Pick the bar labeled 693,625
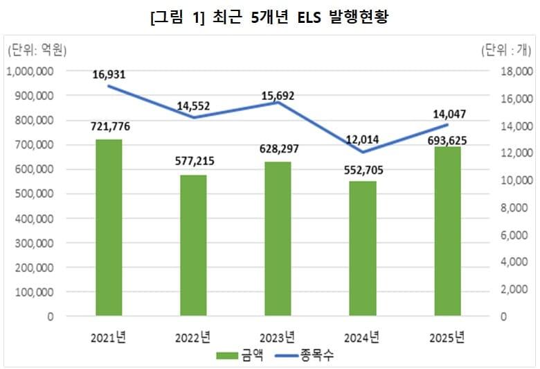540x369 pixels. (x=447, y=232)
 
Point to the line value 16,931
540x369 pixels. (x=109, y=74)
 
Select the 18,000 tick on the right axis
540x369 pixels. (x=514, y=71)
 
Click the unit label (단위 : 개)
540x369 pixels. (x=506, y=50)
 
